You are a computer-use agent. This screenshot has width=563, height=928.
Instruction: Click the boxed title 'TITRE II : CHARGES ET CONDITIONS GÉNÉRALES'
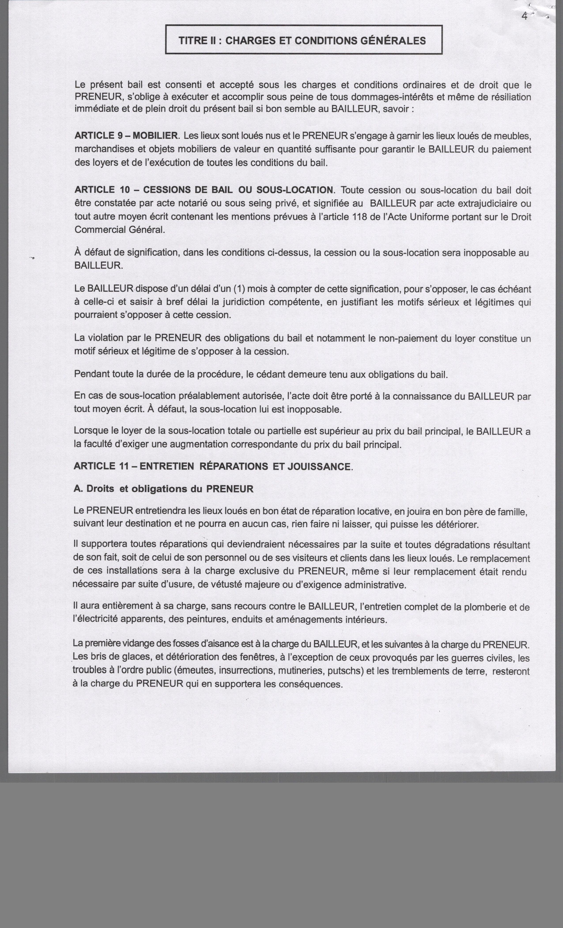303,40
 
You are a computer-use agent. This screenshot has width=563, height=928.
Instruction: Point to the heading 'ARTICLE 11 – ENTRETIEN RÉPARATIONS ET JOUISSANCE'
213,466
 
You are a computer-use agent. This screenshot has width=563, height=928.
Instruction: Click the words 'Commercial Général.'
120,230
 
